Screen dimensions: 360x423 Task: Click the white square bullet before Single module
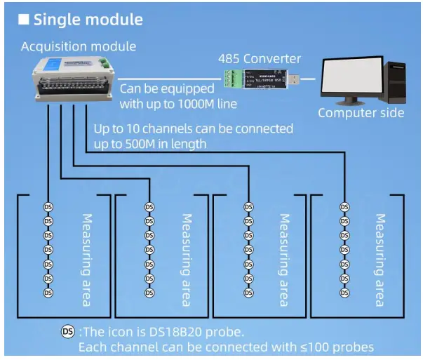click(x=23, y=20)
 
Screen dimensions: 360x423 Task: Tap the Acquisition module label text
click(x=79, y=47)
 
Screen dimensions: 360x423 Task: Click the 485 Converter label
click(x=259, y=58)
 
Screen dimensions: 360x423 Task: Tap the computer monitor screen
click(x=351, y=77)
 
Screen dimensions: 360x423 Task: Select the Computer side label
click(x=361, y=112)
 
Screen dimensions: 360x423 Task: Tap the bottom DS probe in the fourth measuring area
click(x=344, y=293)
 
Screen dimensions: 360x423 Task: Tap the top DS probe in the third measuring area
click(x=248, y=207)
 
